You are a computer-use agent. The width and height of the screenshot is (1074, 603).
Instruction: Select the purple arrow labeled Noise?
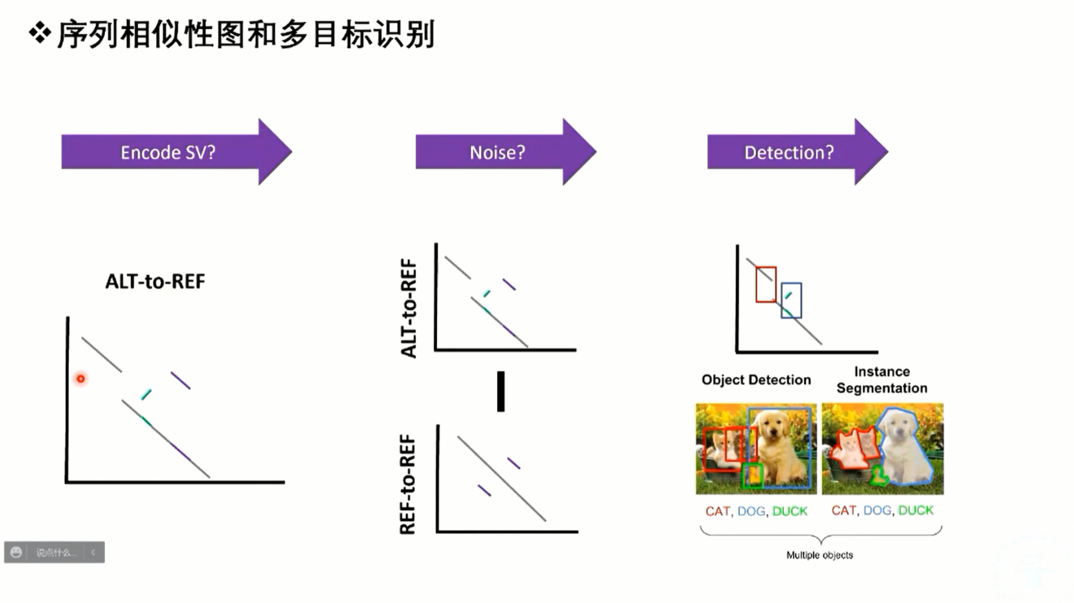point(497,152)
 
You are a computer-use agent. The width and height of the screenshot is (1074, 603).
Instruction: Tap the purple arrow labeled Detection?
point(789,152)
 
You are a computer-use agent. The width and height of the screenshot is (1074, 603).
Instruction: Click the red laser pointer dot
point(81,379)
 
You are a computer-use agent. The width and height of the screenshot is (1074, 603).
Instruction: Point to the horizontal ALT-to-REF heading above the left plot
point(155,281)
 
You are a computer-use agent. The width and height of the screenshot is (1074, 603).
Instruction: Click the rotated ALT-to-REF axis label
point(409,308)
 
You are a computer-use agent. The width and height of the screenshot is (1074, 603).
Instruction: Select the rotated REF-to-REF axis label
point(408,484)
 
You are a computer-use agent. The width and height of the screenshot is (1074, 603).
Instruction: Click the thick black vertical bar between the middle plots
point(501,391)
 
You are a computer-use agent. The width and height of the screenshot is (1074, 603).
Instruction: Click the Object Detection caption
point(756,380)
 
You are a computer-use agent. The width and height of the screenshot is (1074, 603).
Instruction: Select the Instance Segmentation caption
point(881,380)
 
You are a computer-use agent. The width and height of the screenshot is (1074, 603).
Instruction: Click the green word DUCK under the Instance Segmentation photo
point(916,510)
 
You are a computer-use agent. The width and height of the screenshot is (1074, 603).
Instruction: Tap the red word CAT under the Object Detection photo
point(717,511)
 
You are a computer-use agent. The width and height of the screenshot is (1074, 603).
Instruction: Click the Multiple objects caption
point(819,555)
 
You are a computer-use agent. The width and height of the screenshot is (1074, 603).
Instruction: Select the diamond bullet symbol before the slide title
point(40,33)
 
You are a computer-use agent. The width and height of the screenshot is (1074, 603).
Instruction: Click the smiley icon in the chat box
point(16,552)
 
